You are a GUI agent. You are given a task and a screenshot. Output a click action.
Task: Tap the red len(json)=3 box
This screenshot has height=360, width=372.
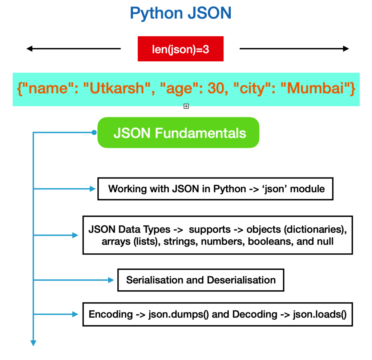pos(181,49)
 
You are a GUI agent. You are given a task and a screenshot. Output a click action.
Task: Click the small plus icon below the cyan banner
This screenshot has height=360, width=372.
pos(186,106)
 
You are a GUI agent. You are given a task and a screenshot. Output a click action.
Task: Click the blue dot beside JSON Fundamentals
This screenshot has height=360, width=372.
pos(94,132)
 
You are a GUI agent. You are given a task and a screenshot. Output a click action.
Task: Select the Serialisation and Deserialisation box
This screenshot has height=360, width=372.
pos(201,280)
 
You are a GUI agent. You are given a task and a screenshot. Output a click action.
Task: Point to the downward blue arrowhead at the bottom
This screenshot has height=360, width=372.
pos(33,343)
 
